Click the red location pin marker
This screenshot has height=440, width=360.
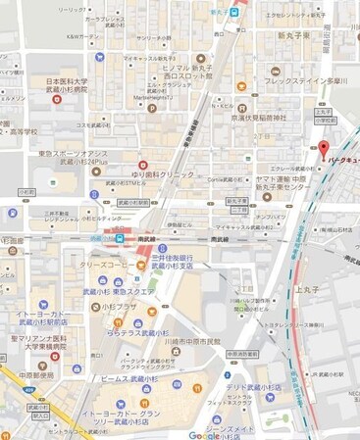click(323, 150)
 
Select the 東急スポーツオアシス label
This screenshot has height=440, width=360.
click(73, 156)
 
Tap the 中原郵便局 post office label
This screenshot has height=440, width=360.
click(37, 374)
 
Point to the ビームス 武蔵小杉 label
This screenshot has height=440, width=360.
click(129, 378)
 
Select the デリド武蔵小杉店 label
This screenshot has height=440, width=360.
click(258, 387)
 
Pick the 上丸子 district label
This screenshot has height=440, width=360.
click(311, 290)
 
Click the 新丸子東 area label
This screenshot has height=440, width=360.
click(293, 35)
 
